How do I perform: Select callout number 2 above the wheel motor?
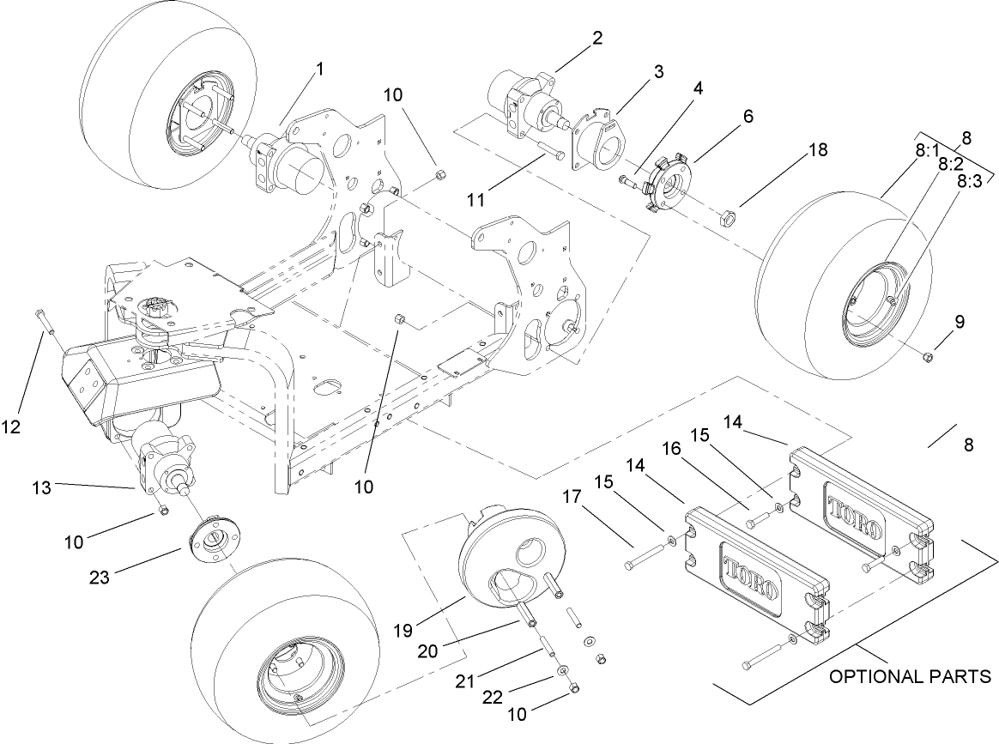click(597, 39)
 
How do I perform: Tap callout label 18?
click(817, 150)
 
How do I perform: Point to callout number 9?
click(959, 322)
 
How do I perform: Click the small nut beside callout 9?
click(928, 355)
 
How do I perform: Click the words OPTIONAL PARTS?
click(910, 676)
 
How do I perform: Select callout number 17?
click(572, 497)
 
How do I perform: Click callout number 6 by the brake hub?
click(748, 116)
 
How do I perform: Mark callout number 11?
click(475, 199)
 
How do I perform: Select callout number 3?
click(658, 72)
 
